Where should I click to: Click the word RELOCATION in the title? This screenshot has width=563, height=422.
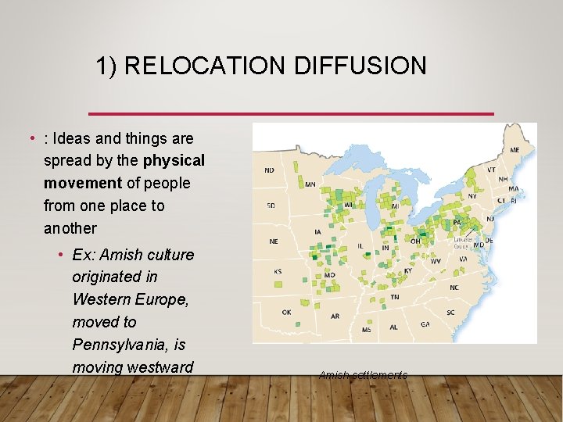206,66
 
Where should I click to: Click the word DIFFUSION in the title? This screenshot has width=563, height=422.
360,66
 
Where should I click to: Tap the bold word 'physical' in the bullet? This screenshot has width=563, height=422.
174,161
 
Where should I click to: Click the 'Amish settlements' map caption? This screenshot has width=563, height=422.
363,376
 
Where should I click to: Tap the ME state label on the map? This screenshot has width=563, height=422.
515,149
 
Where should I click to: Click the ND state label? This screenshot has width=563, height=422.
270,170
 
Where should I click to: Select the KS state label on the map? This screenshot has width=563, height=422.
277,271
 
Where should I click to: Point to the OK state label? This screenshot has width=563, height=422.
286,312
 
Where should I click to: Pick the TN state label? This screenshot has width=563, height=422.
395,297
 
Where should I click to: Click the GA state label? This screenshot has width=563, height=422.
425,324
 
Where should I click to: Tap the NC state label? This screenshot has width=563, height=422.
454,288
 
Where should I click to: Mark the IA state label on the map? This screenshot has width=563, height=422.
317,231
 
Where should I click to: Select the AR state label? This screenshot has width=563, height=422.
335,316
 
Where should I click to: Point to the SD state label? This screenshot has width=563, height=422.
271,206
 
